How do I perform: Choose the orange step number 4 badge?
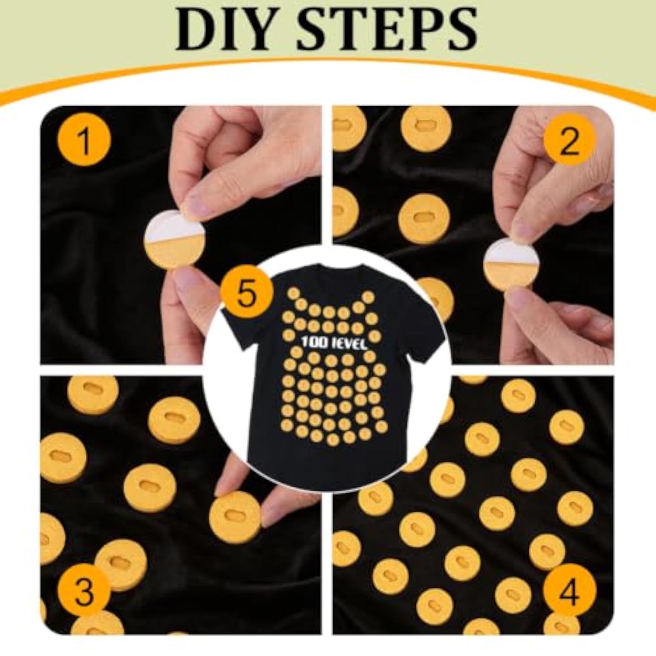coord(569,592)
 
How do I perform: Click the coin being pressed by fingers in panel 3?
coord(235,513)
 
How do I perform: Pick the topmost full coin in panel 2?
coord(423,127)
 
